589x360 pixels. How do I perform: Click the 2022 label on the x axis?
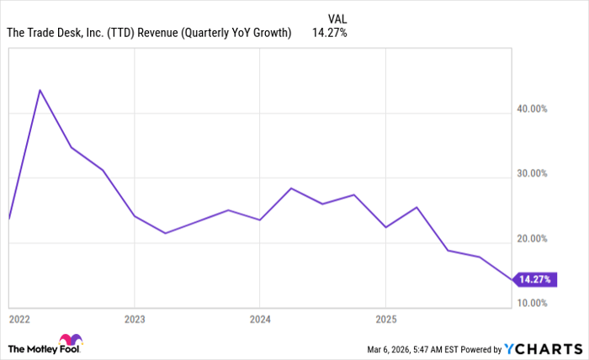(20, 320)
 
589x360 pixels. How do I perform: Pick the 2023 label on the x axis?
(135, 320)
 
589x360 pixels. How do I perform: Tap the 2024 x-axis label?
(260, 320)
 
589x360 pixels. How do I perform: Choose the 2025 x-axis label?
(385, 320)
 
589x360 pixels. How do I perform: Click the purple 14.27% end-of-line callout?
(536, 279)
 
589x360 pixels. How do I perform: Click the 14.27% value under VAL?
(329, 33)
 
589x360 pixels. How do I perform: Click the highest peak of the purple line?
(40, 90)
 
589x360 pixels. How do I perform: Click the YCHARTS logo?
(544, 348)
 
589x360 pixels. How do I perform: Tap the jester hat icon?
(72, 342)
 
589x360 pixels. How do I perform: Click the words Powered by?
(479, 348)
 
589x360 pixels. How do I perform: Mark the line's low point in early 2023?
(165, 233)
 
